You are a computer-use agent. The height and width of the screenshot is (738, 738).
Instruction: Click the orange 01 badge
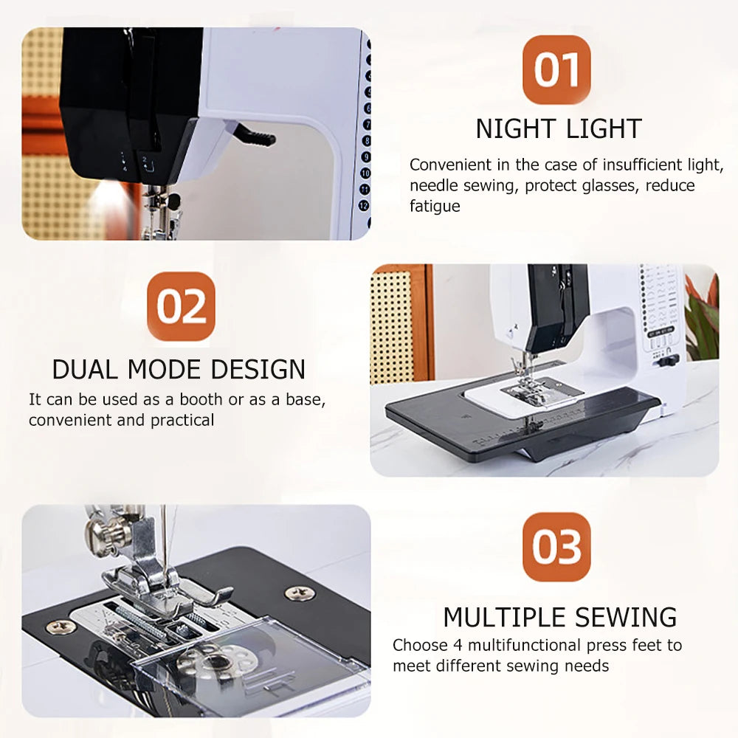pyautogui.click(x=556, y=69)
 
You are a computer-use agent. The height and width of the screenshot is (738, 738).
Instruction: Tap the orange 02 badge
pyautogui.click(x=182, y=306)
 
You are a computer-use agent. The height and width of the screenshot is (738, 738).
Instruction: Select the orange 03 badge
pyautogui.click(x=556, y=547)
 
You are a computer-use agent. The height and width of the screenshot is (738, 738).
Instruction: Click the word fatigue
pyautogui.click(x=435, y=207)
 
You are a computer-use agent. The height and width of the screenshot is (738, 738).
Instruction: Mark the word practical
pyautogui.click(x=182, y=421)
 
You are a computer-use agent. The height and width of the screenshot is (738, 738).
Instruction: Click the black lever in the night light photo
pyautogui.click(x=258, y=137)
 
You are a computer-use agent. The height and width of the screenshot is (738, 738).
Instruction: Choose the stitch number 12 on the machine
pyautogui.click(x=364, y=206)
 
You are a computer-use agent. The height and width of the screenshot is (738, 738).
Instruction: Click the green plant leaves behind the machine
pyautogui.click(x=702, y=317)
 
